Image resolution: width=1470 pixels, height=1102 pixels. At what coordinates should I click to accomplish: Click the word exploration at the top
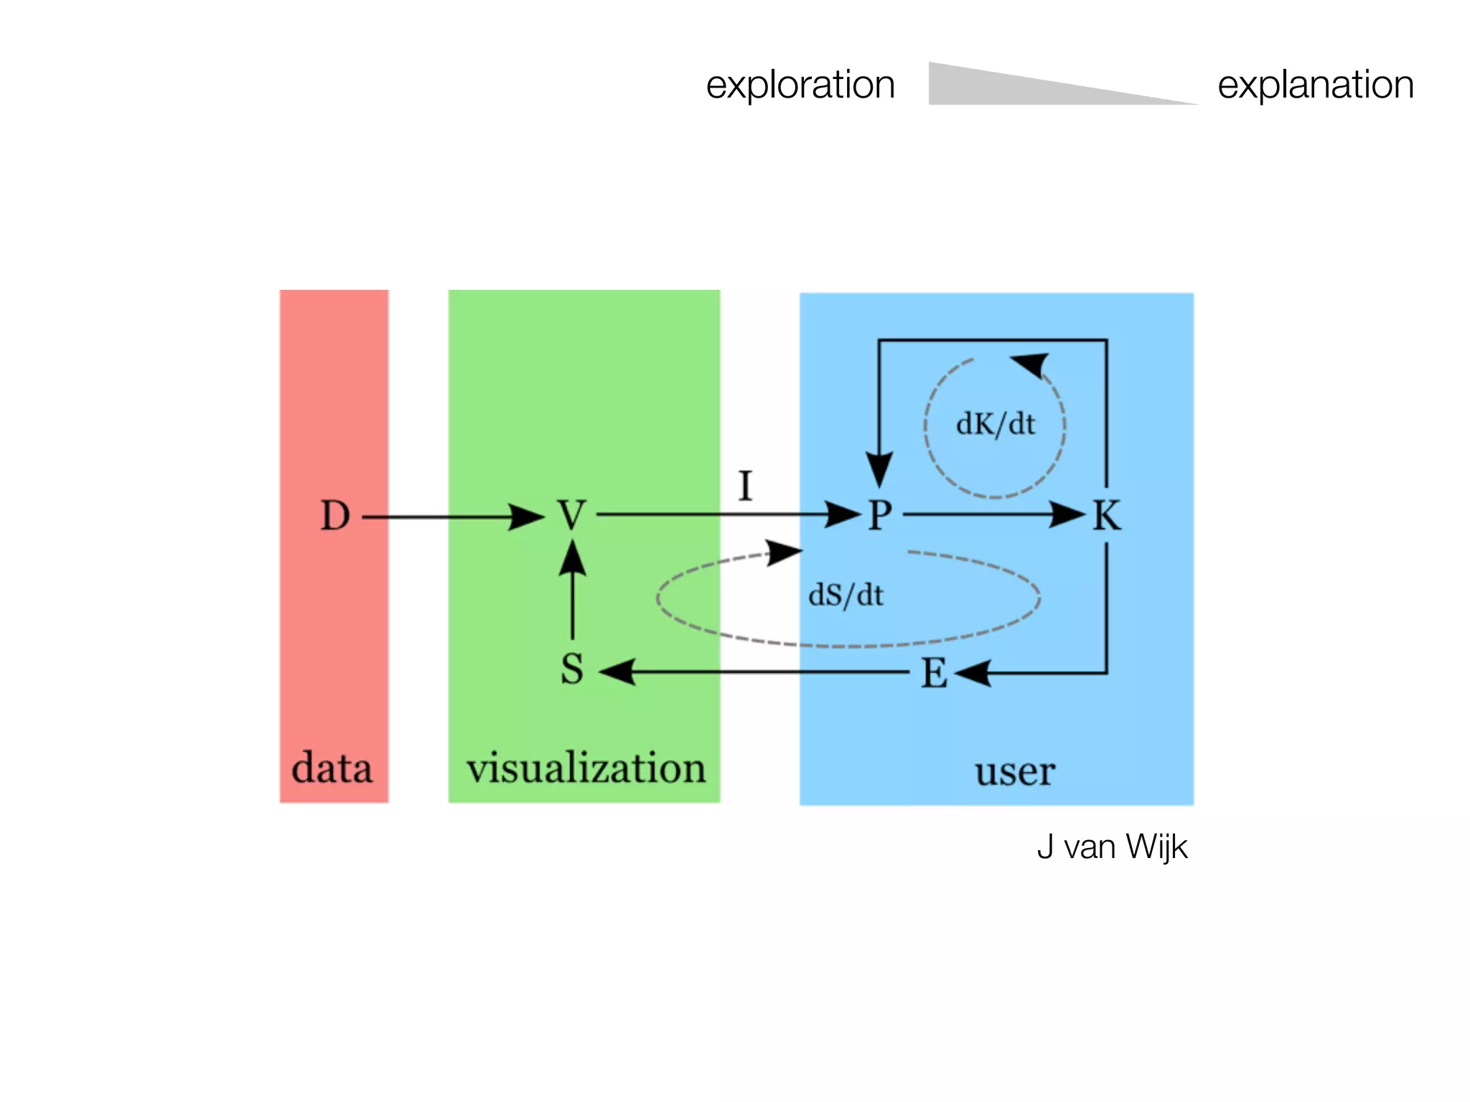point(800,85)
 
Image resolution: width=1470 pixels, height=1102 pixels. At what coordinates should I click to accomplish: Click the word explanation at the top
point(1315,85)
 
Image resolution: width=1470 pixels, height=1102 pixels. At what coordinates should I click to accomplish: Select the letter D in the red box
point(335,516)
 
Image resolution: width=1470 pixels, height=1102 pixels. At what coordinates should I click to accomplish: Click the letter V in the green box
point(572,515)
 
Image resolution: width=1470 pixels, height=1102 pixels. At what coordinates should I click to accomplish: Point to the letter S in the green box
point(572,669)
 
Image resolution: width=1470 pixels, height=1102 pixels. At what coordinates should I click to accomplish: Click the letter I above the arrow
point(745,486)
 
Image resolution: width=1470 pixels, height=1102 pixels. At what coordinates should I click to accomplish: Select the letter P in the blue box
point(880,515)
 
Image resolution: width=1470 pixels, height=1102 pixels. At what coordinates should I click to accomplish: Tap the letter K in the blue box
point(1106,515)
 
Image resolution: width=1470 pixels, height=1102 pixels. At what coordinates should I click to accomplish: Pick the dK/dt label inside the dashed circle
point(995,424)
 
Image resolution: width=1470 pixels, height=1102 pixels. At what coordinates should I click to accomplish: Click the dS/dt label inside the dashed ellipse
point(846,595)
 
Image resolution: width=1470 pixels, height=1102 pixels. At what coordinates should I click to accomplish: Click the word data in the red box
point(332,768)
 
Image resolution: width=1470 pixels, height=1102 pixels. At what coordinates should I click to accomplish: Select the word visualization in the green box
point(586,768)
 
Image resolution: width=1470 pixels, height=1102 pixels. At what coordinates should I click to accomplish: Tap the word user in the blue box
point(1014,772)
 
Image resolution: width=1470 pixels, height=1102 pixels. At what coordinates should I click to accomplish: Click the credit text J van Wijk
point(1112,847)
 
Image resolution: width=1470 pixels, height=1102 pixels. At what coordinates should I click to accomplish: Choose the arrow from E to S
point(754,672)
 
